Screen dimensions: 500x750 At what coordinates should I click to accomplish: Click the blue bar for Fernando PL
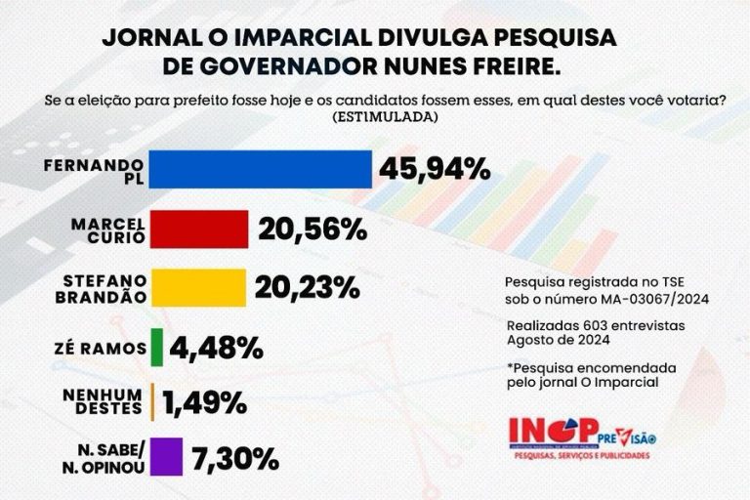click(x=262, y=169)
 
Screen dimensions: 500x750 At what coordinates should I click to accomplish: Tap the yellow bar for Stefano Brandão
click(x=199, y=287)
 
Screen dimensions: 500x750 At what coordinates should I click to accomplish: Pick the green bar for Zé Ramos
click(x=156, y=347)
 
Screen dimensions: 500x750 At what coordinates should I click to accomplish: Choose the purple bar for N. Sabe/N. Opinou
click(x=168, y=455)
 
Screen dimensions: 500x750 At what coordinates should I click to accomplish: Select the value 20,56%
click(x=312, y=230)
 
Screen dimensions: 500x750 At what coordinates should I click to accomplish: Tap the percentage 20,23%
click(x=309, y=288)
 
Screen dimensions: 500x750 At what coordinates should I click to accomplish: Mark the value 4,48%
click(x=216, y=347)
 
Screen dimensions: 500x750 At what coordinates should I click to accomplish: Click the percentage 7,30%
click(x=234, y=456)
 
